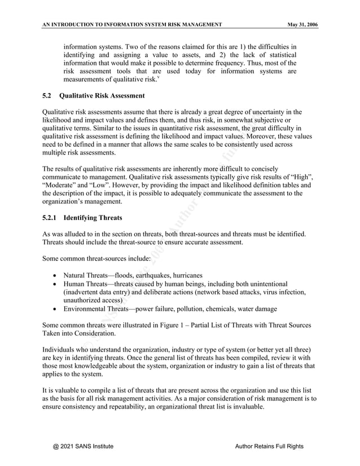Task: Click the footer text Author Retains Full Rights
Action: coord(269,446)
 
